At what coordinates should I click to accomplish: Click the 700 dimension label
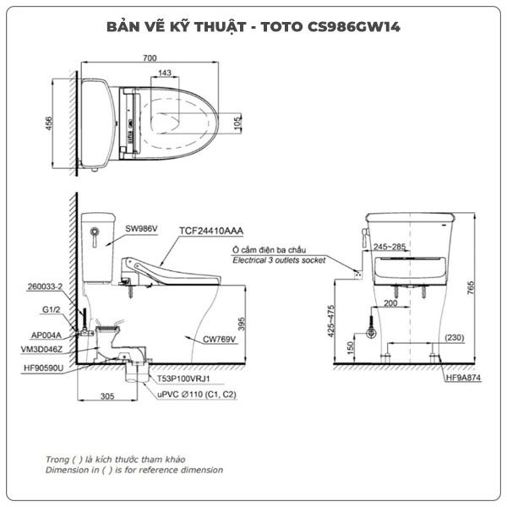150,57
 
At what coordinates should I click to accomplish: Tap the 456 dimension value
48,123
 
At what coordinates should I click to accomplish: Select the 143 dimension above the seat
165,73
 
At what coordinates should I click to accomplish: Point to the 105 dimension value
237,123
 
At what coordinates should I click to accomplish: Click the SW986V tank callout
141,229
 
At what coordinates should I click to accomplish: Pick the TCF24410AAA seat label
211,231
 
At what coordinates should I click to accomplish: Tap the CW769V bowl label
219,339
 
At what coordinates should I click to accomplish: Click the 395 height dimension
242,324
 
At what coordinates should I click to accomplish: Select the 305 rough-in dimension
107,396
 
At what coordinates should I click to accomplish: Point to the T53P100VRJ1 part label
183,379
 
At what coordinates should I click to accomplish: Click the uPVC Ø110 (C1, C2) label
197,395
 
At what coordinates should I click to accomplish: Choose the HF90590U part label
44,368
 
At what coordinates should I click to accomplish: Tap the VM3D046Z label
41,349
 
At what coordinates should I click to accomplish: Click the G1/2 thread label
52,309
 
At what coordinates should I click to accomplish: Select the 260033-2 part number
45,286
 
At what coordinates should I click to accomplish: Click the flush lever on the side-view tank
95,236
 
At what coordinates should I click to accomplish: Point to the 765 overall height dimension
471,288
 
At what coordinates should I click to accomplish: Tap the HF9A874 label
463,378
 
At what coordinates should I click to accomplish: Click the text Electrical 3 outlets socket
279,260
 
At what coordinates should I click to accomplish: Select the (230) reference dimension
455,338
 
